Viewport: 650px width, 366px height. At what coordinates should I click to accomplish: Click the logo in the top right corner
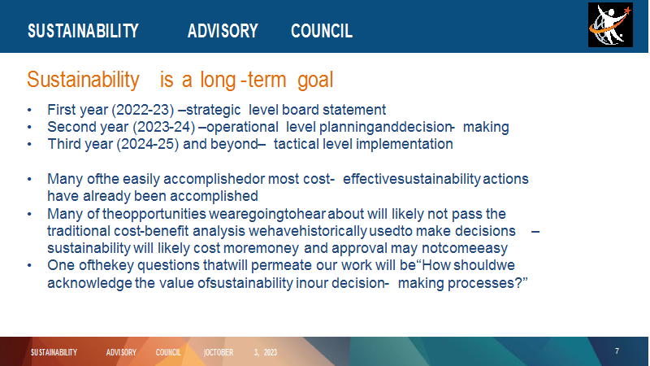610,25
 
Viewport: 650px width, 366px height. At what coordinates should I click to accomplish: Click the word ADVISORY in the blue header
223,31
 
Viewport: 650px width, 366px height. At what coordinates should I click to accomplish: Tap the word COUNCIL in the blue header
322,31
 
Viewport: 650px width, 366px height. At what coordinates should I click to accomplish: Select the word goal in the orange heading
315,81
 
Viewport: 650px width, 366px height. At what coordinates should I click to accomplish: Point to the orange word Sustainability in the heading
84,80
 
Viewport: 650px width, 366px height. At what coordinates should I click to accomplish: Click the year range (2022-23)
143,110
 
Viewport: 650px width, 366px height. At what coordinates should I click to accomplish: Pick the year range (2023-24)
164,127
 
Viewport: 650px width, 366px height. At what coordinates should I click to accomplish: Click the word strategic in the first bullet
213,111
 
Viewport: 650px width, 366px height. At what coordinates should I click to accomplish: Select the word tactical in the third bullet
296,144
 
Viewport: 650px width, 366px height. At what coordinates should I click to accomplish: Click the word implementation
404,145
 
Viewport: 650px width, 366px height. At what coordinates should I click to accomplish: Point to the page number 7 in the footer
617,351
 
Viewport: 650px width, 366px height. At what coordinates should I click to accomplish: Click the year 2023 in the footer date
271,352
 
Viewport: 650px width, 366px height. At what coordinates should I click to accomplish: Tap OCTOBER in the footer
219,352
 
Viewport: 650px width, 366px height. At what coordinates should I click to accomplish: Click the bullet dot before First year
29,111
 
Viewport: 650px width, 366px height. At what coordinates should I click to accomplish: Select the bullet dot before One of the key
29,266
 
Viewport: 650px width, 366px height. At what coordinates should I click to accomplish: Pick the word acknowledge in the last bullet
89,283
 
